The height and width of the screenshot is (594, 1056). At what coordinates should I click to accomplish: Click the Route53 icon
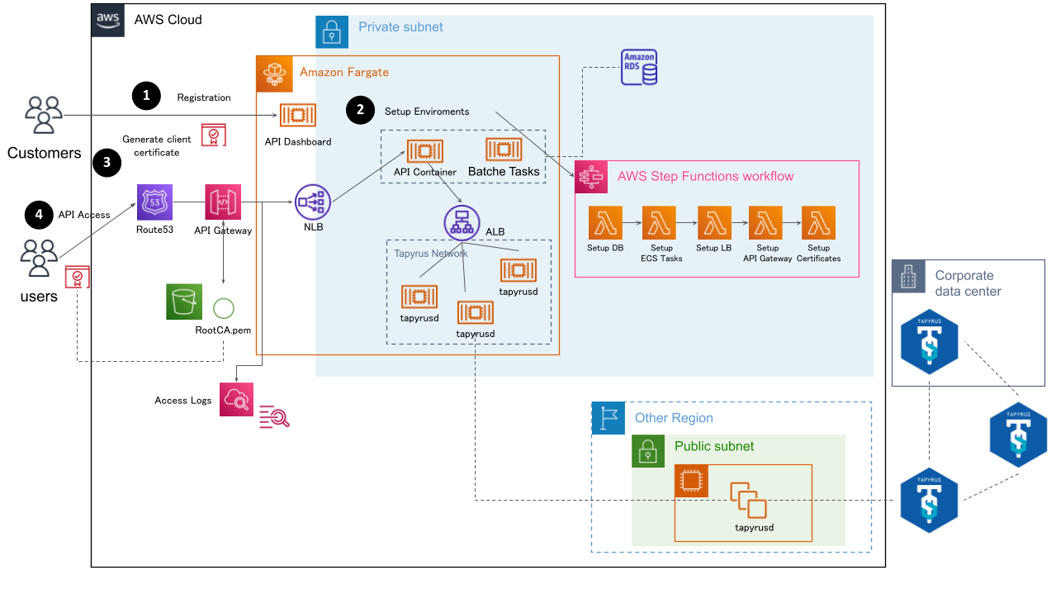[154, 202]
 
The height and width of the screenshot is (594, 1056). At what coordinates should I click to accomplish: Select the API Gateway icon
[223, 202]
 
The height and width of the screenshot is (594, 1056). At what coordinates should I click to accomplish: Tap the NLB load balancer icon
[312, 202]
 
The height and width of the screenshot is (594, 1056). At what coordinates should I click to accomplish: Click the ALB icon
[462, 223]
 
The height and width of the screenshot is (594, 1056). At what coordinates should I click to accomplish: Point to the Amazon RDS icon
[639, 67]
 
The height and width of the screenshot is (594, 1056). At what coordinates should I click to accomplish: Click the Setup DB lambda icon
[605, 223]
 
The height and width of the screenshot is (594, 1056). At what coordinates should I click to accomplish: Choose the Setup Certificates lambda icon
[818, 223]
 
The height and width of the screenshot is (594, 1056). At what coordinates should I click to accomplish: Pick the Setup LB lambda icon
[714, 223]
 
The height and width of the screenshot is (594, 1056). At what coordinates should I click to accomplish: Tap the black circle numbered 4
[38, 215]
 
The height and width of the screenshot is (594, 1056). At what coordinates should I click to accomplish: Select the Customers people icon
[44, 115]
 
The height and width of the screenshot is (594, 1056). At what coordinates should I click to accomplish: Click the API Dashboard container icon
[297, 116]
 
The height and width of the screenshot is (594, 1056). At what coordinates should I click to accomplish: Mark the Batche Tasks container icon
[503, 150]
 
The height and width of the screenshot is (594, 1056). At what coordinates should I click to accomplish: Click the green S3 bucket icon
[184, 302]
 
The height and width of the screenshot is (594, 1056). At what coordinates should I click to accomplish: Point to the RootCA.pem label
[223, 329]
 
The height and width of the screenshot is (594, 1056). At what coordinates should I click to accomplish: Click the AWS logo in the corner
[108, 20]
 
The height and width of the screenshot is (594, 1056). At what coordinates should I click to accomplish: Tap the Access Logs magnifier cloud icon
[237, 400]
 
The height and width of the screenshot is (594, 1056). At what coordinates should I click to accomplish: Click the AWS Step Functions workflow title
[705, 176]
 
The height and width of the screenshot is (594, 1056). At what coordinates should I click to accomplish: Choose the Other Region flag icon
[609, 418]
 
